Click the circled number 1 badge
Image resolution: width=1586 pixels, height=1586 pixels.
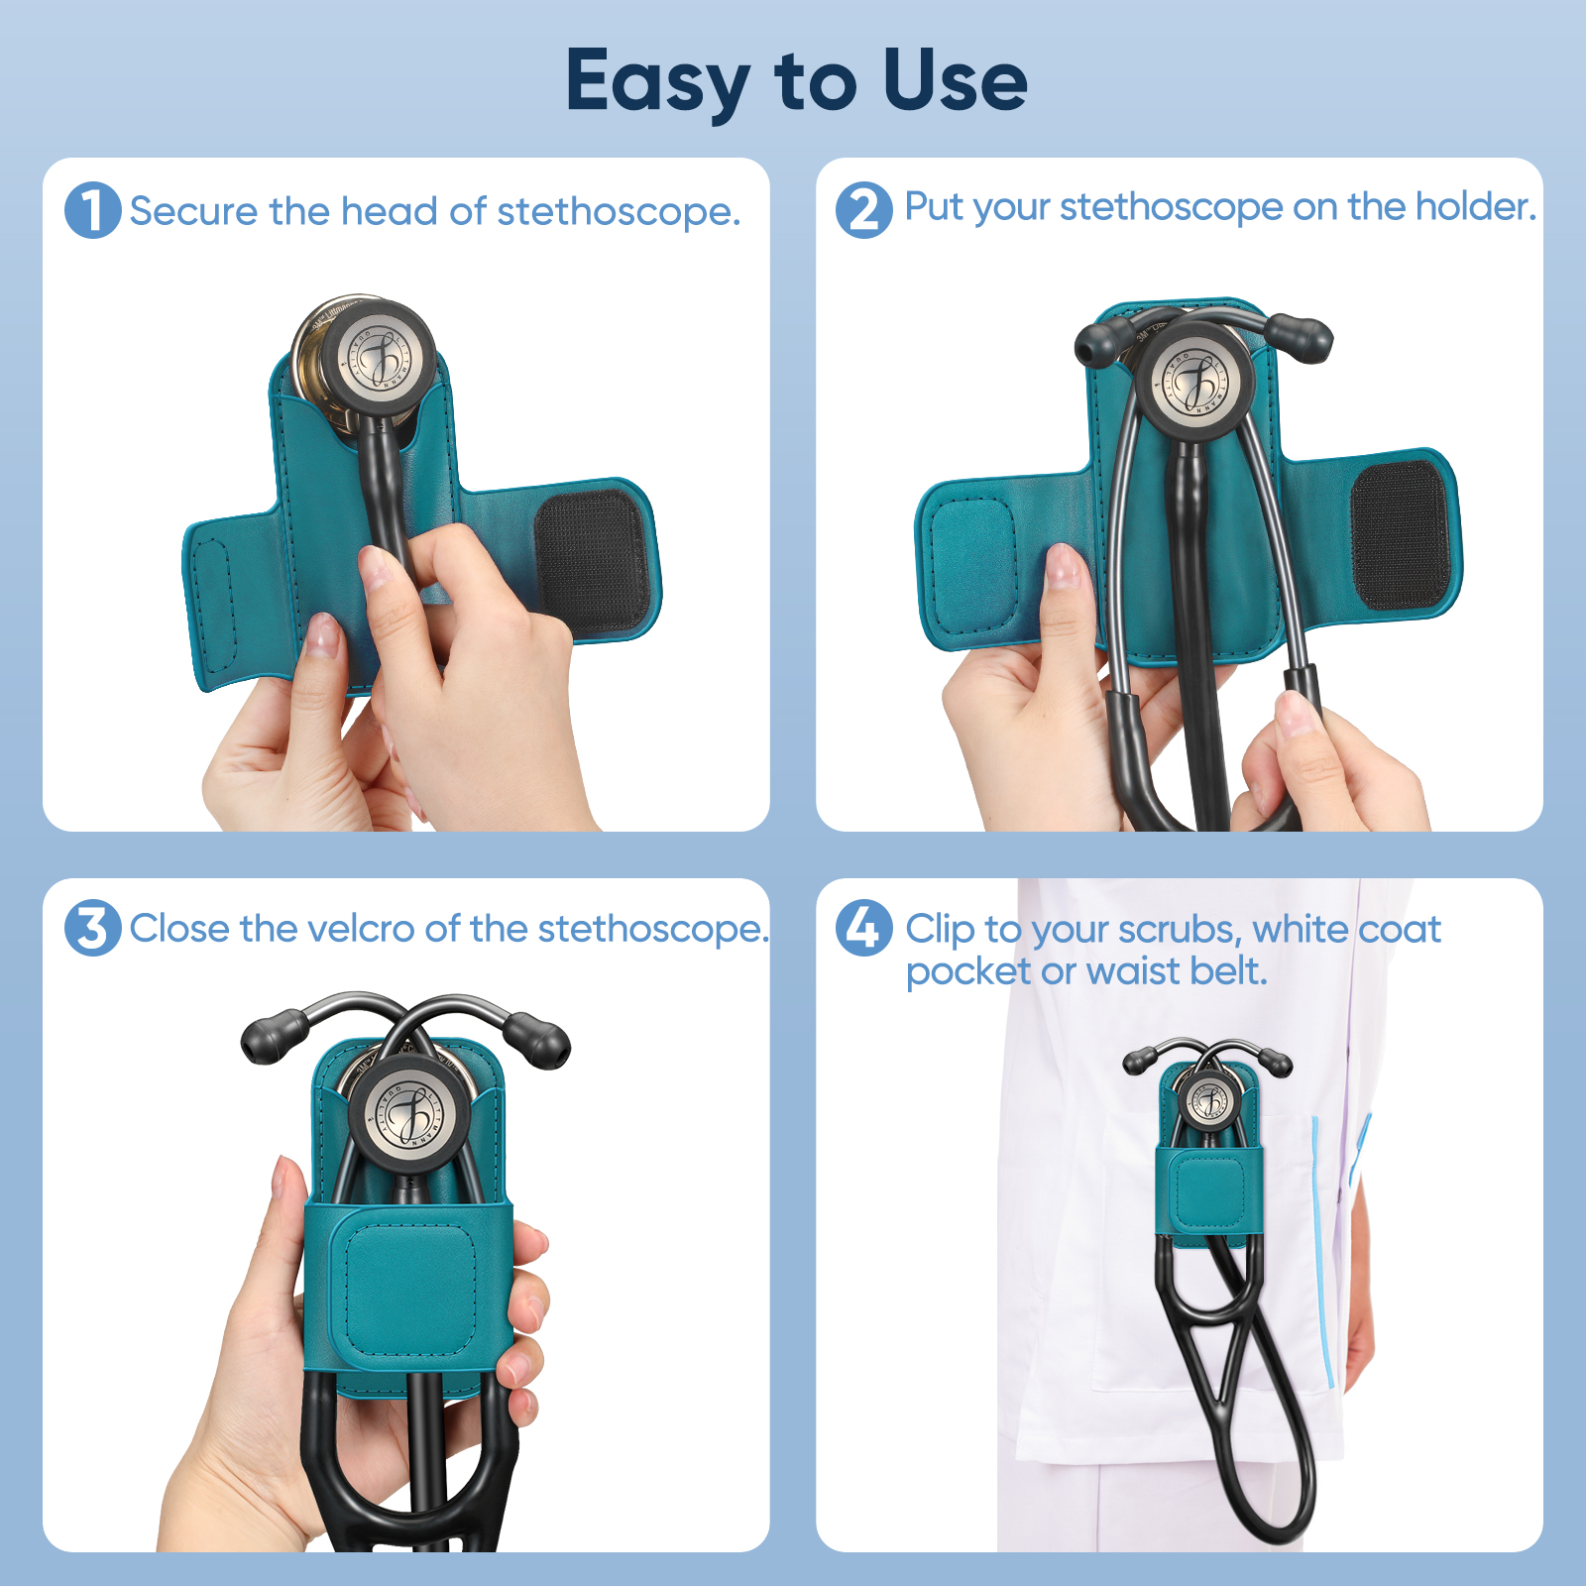click(92, 210)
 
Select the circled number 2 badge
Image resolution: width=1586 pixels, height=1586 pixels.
click(863, 210)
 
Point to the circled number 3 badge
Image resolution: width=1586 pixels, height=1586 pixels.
click(92, 928)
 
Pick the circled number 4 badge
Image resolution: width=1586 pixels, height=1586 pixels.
click(863, 928)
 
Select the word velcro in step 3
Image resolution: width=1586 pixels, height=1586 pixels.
click(360, 929)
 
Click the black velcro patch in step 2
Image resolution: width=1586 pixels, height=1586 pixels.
click(1401, 535)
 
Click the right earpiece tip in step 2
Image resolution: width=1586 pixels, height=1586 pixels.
click(1302, 337)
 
